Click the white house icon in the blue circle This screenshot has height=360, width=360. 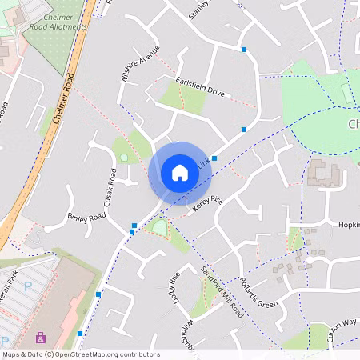click(180, 173)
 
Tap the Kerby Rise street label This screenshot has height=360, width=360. click(206, 204)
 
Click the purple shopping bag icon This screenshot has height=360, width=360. click(41, 338)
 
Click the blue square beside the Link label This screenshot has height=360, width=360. click(214, 158)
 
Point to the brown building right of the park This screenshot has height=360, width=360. click(325, 173)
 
